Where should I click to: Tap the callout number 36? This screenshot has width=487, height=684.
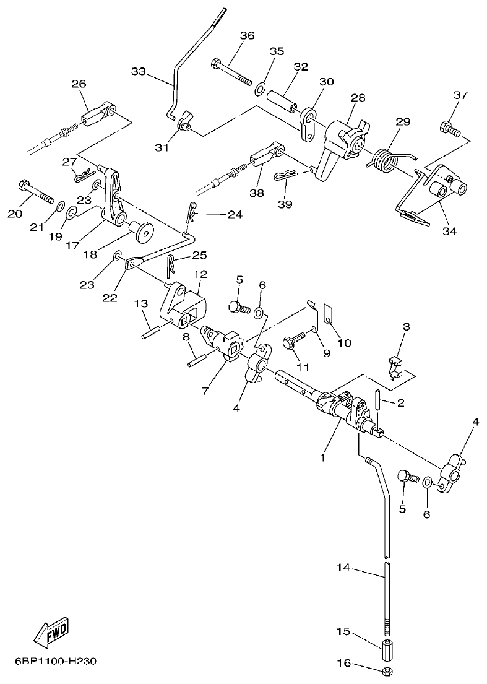[247, 36]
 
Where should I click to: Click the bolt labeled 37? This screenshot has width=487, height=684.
[450, 130]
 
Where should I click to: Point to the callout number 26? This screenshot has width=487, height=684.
[79, 84]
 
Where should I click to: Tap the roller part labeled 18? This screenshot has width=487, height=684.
[141, 231]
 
